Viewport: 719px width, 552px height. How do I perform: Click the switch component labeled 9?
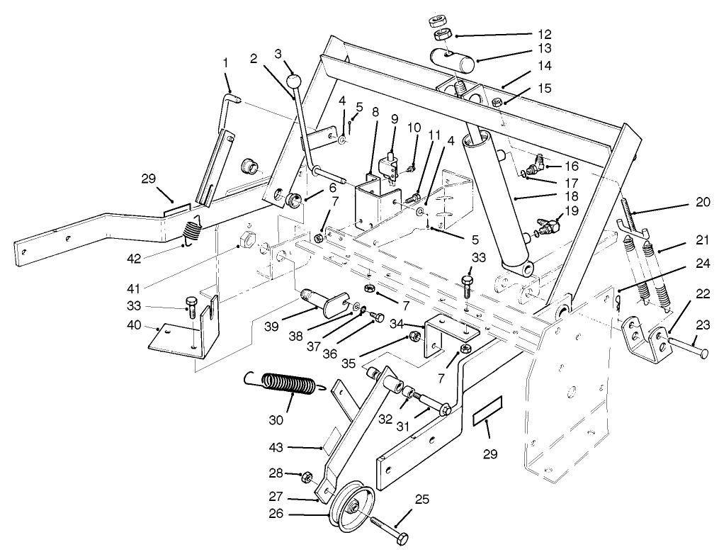(x=388, y=168)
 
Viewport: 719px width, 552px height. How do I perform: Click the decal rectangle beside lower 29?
(x=487, y=410)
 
